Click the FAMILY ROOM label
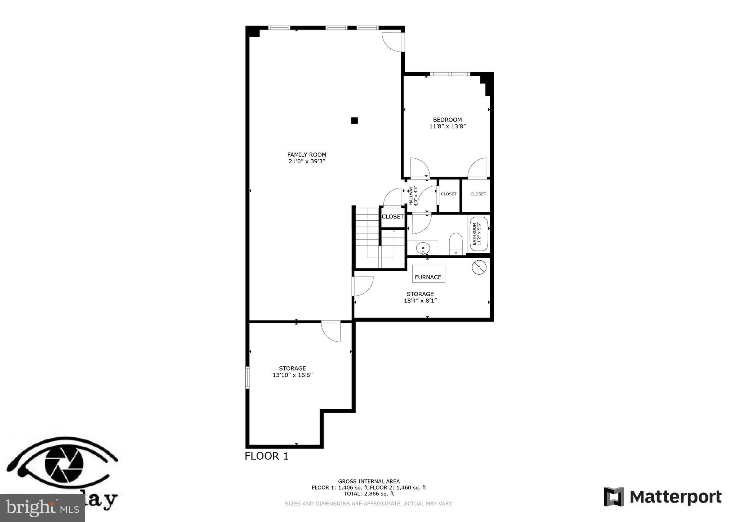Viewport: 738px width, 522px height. point(307,155)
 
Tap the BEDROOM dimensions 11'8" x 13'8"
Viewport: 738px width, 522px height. point(448,127)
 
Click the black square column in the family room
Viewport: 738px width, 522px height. point(355,120)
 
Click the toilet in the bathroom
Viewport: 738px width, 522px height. point(456,243)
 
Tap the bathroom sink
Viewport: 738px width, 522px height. point(423,248)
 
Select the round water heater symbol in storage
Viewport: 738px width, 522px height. point(479,267)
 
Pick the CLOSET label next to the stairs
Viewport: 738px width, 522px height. point(392,217)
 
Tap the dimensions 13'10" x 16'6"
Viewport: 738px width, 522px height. point(292,375)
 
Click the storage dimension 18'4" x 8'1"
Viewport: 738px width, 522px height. point(420,301)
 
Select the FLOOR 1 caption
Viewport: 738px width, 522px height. point(267,456)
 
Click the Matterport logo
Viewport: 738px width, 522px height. point(662,497)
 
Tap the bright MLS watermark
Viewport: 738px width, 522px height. point(42,508)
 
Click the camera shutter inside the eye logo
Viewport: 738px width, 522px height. point(64,464)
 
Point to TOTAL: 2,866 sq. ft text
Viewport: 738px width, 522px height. point(369,494)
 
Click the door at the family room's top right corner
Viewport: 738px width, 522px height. point(393,42)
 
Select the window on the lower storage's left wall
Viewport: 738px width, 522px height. point(247,377)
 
